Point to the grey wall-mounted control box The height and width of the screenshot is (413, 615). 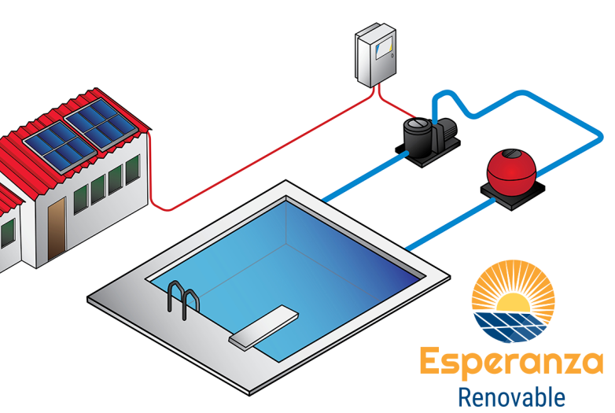click(375, 57)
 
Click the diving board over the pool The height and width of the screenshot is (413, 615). click(263, 326)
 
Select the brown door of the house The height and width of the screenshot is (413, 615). click(56, 226)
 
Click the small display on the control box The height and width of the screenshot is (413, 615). click(385, 50)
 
